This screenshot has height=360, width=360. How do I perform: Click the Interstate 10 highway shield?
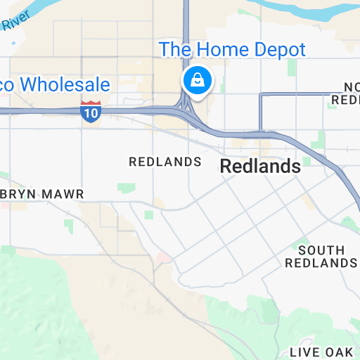91,112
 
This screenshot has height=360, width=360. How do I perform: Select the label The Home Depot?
232,50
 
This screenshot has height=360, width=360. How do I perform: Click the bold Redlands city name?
260,167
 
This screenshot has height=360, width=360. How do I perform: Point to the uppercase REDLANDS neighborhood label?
165,162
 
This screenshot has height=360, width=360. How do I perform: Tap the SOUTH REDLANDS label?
321,257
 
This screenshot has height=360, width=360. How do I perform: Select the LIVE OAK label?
324,352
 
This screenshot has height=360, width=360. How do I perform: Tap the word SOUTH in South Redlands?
321,250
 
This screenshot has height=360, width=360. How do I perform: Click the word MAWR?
63,193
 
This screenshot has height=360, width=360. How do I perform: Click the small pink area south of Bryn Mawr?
164,258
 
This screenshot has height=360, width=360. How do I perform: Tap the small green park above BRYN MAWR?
127,188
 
